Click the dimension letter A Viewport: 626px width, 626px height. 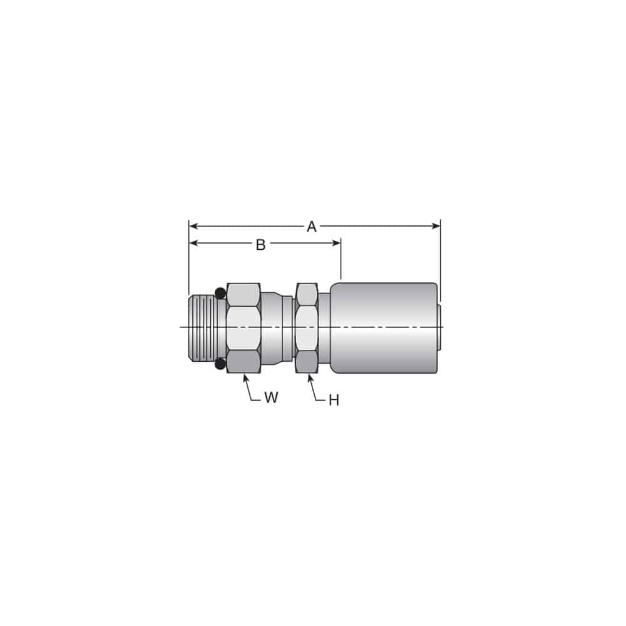pyautogui.click(x=311, y=227)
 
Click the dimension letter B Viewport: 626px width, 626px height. pyautogui.click(x=260, y=245)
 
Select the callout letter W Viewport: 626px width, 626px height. pyautogui.click(x=270, y=398)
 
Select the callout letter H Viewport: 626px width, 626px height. pyautogui.click(x=334, y=401)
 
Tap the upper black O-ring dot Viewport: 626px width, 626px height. pyautogui.click(x=220, y=292)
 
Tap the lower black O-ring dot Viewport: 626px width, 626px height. pyautogui.click(x=220, y=364)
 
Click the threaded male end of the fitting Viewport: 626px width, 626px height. pyautogui.click(x=202, y=327)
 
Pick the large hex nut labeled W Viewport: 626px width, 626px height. pyautogui.click(x=244, y=327)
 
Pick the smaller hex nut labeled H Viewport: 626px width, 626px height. pyautogui.click(x=307, y=327)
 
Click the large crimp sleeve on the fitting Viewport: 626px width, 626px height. pyautogui.click(x=383, y=327)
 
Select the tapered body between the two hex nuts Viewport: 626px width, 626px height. pyautogui.click(x=275, y=327)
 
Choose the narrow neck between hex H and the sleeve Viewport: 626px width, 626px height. pyautogui.click(x=324, y=327)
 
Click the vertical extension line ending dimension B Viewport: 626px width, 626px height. pyautogui.click(x=341, y=260)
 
